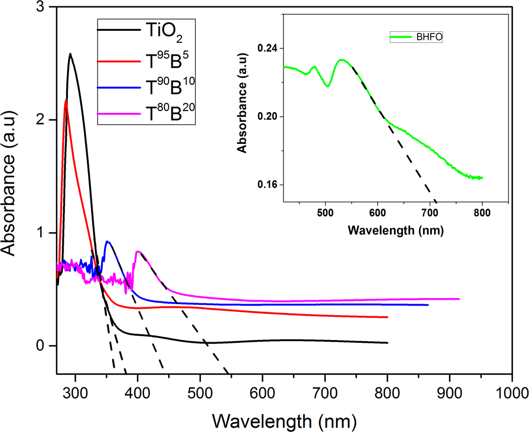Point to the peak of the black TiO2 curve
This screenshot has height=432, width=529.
pyautogui.click(x=70, y=54)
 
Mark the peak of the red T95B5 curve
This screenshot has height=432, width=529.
pyautogui.click(x=66, y=100)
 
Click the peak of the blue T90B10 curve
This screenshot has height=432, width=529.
pyautogui.click(x=108, y=241)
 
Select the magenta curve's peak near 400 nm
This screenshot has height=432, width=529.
pyautogui.click(x=138, y=251)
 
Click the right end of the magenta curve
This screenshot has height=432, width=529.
pyautogui.click(x=459, y=299)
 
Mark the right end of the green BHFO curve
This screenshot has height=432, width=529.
pyautogui.click(x=482, y=178)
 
